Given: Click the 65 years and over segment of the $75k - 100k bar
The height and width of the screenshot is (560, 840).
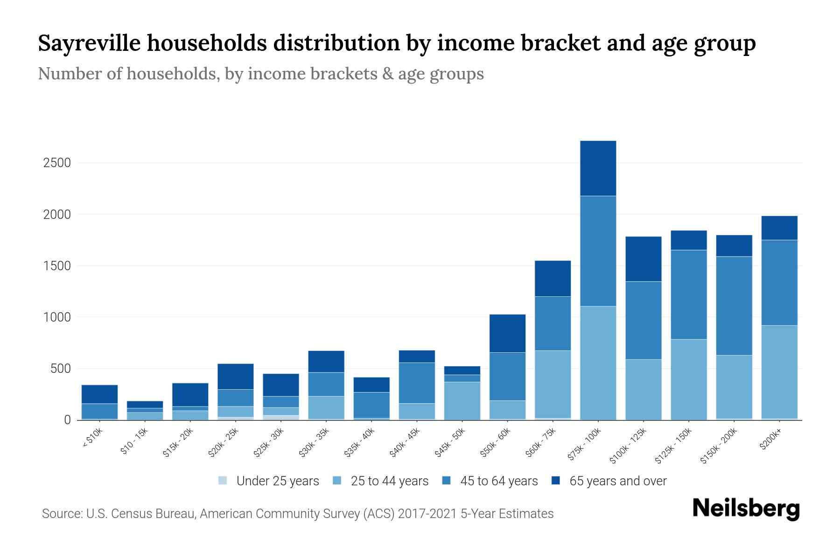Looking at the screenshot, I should click(x=598, y=168).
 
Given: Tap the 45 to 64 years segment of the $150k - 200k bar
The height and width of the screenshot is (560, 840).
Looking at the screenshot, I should click(x=734, y=306).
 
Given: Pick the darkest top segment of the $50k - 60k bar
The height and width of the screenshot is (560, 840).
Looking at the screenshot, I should click(x=507, y=333).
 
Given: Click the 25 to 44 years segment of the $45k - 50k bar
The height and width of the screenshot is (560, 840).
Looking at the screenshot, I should click(x=462, y=400).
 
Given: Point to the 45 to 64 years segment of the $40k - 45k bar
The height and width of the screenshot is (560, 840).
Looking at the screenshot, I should click(x=417, y=383).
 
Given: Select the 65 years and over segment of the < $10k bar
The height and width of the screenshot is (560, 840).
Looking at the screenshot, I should click(x=99, y=394).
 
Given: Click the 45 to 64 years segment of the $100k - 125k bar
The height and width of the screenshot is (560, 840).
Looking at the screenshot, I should click(x=643, y=320).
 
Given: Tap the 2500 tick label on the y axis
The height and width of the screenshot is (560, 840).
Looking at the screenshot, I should click(x=57, y=163).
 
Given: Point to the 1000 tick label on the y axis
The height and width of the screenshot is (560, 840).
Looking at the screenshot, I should click(x=57, y=317).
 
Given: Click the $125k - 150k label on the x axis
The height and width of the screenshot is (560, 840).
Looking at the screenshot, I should click(x=675, y=446).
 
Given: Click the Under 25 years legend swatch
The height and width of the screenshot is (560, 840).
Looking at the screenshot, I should click(x=223, y=481).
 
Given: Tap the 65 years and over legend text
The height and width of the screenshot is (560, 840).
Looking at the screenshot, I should click(x=617, y=481).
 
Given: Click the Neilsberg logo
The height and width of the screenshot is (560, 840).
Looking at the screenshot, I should click(x=746, y=508).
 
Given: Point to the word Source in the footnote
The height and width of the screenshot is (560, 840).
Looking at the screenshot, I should click(x=62, y=514).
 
